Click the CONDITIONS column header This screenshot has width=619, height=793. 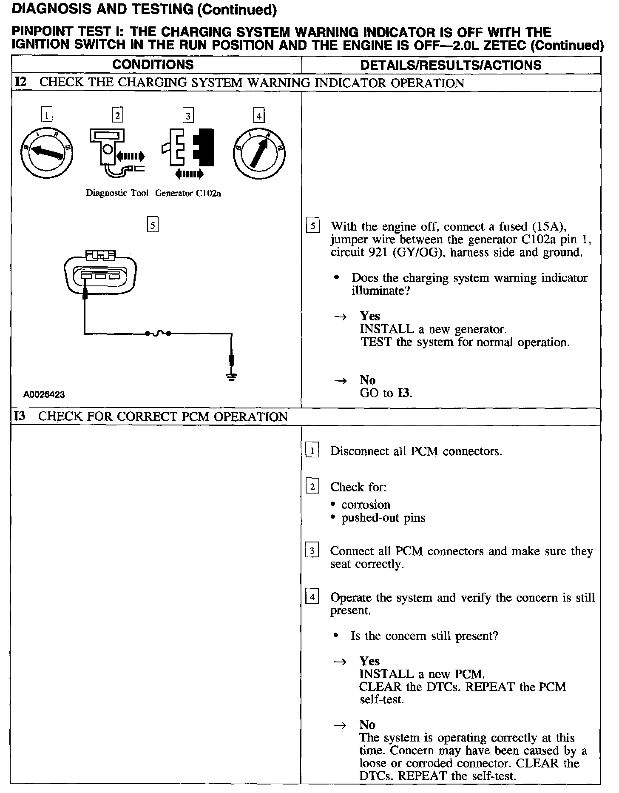click(153, 65)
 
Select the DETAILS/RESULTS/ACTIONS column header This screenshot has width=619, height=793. click(451, 65)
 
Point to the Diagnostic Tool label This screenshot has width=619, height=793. click(117, 193)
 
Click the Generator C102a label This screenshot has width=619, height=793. click(188, 193)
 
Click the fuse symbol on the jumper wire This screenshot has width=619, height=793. click(158, 334)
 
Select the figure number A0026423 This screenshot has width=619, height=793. click(44, 394)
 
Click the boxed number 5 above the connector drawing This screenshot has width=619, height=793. click(152, 224)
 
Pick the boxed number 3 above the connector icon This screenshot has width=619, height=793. click(188, 116)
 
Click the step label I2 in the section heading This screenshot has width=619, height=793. click(21, 82)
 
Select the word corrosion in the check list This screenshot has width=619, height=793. click(366, 505)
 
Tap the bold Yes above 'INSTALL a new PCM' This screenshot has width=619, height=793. click(370, 661)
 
